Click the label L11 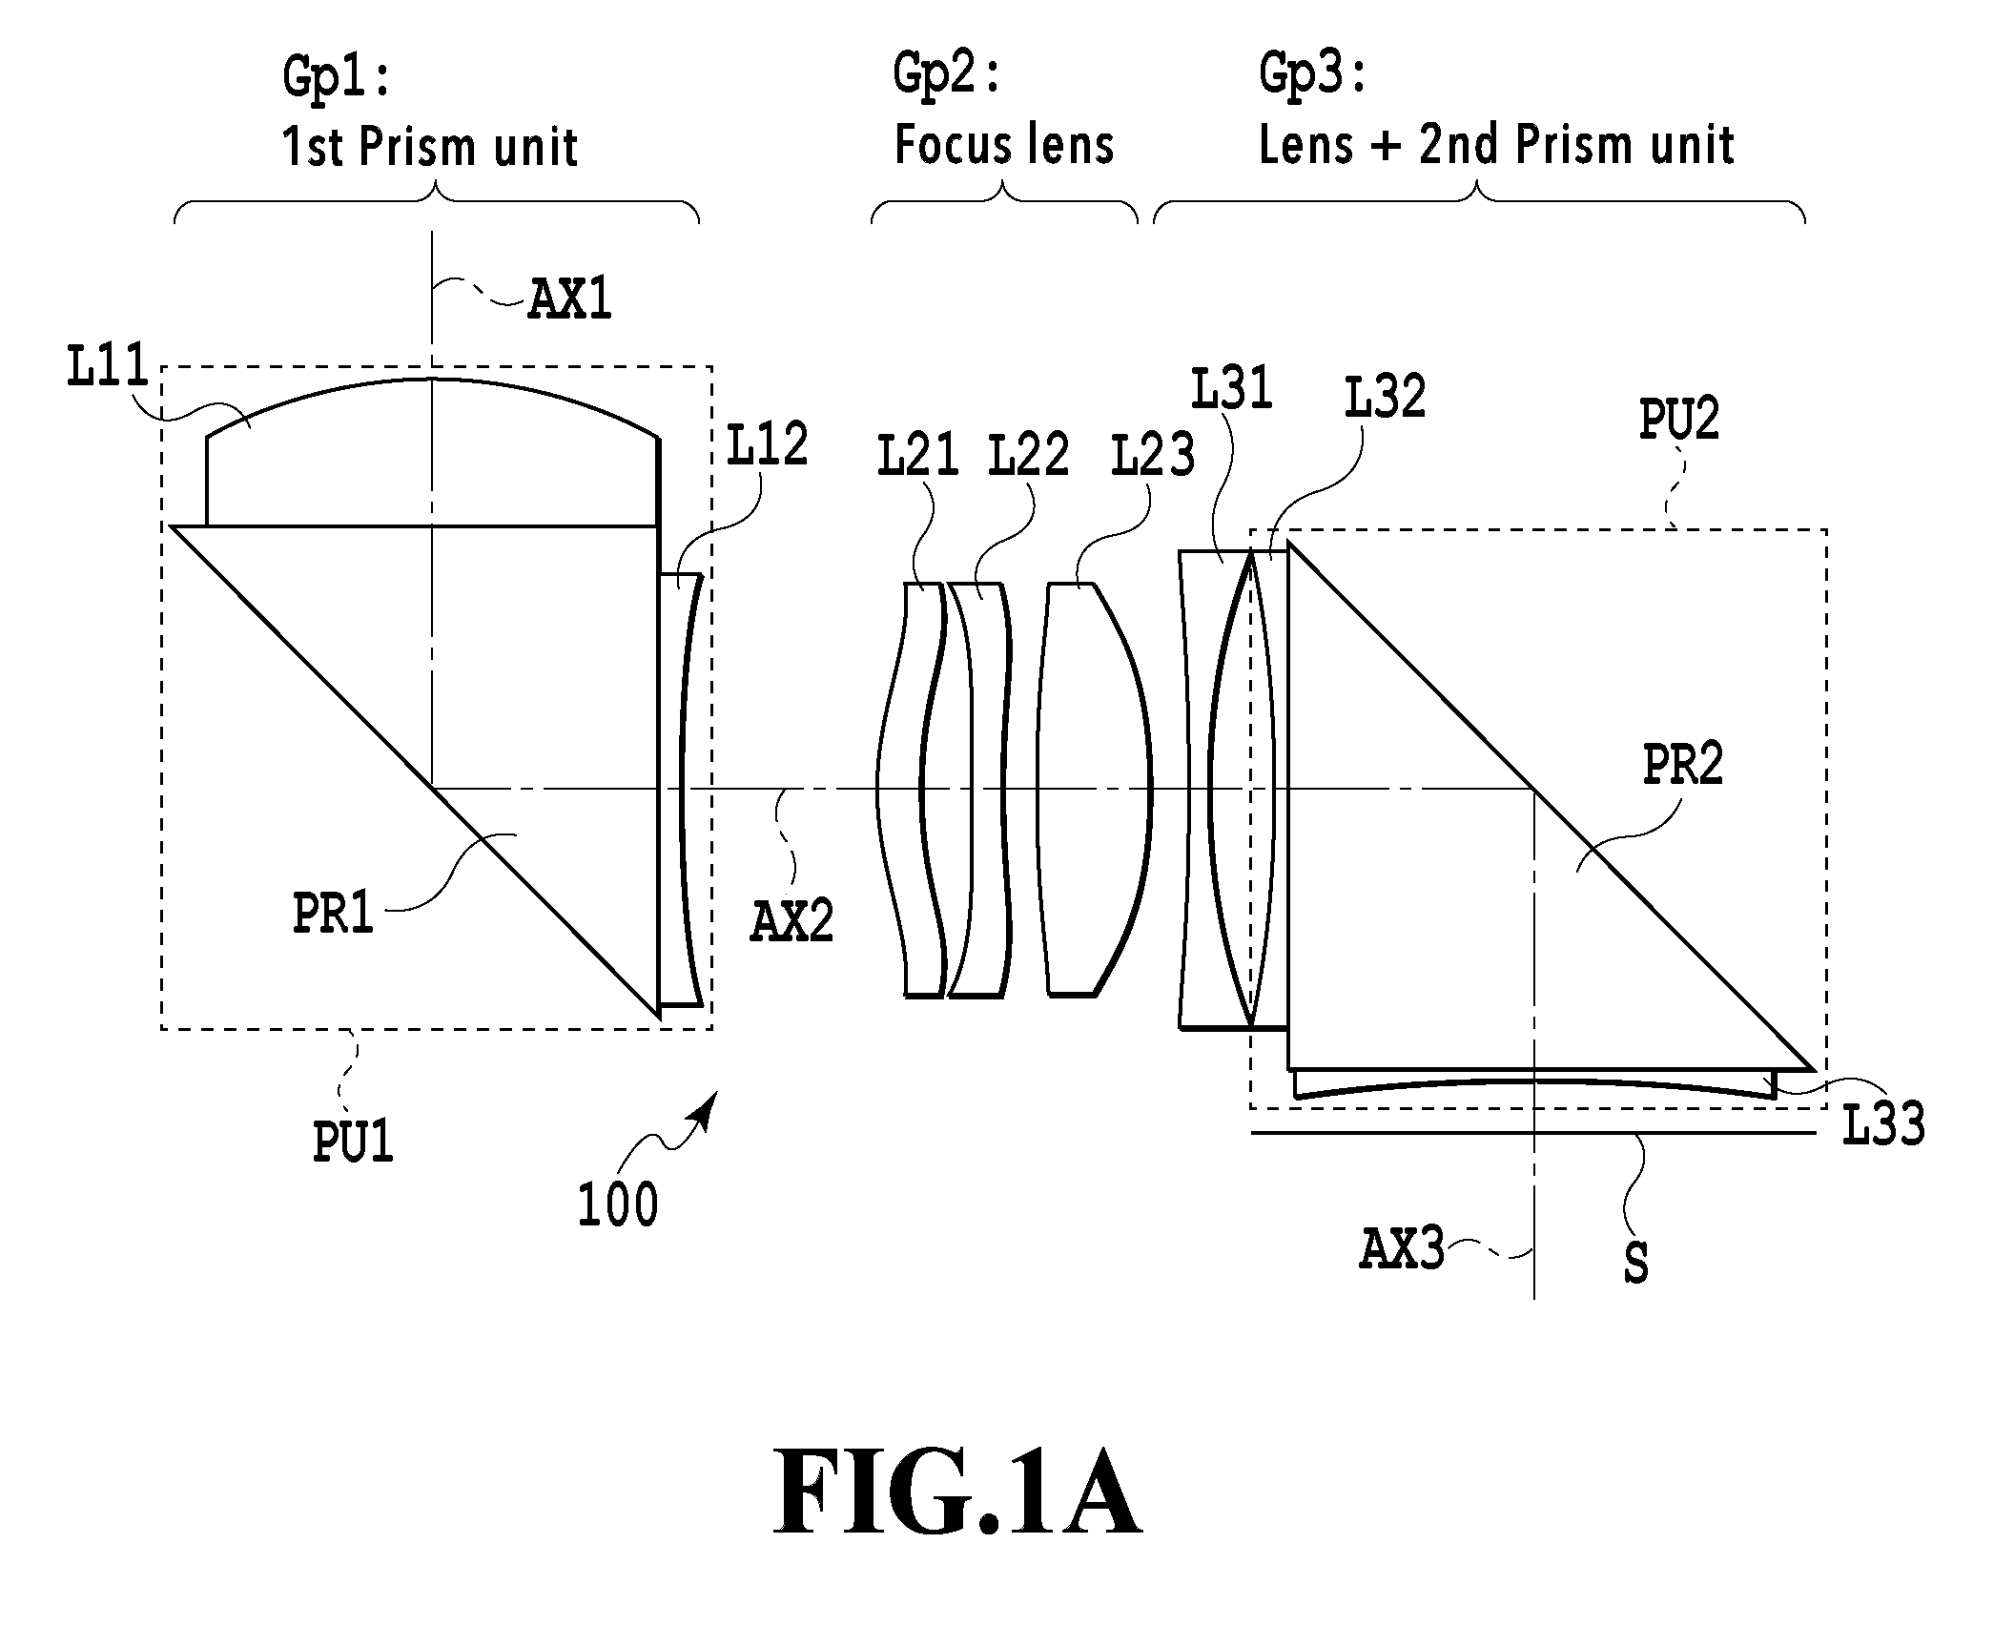tap(108, 366)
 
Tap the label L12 tap(767, 444)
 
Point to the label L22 tap(1028, 455)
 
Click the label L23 tap(1153, 455)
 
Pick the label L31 tap(1231, 389)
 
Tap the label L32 tap(1385, 397)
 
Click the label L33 tap(1883, 1123)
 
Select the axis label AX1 tap(570, 299)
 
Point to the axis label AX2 tap(791, 922)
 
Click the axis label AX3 tap(1402, 1249)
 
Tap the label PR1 tap(332, 913)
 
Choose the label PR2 tap(1683, 765)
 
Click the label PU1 tap(353, 1142)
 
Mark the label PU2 tap(1678, 419)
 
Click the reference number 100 tap(618, 1204)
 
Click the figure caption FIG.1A tap(956, 1490)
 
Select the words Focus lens tap(1004, 145)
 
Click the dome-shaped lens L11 tap(432, 453)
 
